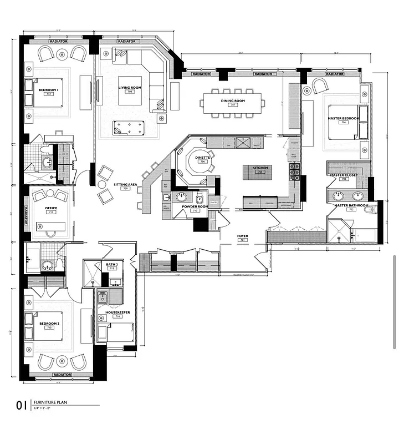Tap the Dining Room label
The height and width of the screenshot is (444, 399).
click(233, 101)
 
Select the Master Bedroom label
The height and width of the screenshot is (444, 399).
click(343, 118)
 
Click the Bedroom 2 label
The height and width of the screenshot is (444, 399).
click(49, 323)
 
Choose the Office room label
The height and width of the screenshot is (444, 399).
click(51, 209)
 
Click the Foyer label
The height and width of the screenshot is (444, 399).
click(242, 236)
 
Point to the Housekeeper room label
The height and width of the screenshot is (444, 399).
click(117, 312)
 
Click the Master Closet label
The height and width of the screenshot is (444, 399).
click(343, 175)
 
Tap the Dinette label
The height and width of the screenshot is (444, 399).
click(202, 158)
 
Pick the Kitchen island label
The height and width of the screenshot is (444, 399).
click(260, 168)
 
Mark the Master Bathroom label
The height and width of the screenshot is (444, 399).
click(349, 205)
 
